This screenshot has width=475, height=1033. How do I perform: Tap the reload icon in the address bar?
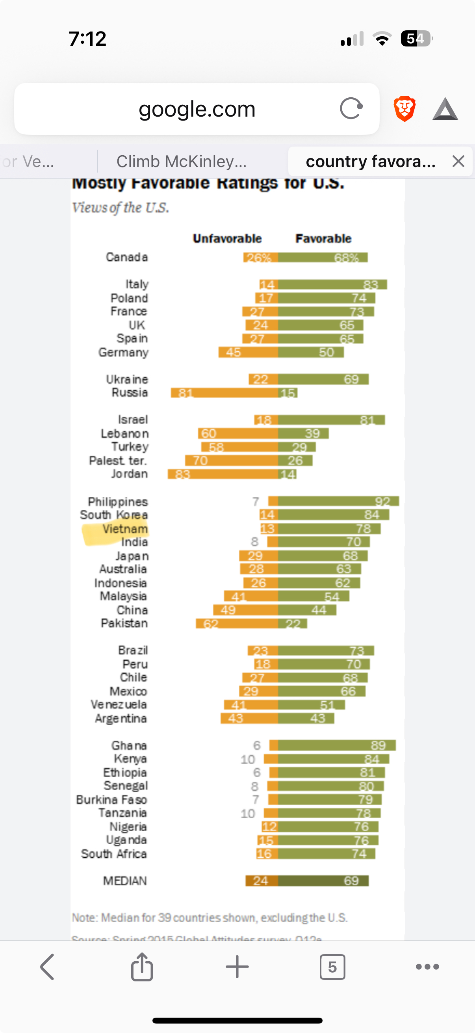tap(351, 108)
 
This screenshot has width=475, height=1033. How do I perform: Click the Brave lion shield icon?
tap(404, 108)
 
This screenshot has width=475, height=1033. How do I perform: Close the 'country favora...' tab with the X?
tap(458, 161)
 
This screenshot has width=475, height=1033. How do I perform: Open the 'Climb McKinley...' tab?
tap(181, 161)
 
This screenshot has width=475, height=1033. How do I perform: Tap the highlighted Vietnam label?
tap(125, 529)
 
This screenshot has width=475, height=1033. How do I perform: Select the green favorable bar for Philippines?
tap(338, 501)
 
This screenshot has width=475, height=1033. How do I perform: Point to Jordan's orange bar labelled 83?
tap(223, 474)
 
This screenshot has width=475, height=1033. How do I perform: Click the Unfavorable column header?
tap(227, 239)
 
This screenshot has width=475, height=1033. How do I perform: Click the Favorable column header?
tap(323, 239)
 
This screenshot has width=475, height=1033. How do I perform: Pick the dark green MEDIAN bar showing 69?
tap(323, 881)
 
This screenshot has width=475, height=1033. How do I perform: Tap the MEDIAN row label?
tap(125, 881)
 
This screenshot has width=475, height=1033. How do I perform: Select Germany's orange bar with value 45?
tap(248, 353)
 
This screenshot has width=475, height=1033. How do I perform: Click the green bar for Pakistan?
tap(293, 624)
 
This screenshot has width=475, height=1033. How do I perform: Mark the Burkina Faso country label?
tap(111, 800)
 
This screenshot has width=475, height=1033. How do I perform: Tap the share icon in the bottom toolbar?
tap(142, 967)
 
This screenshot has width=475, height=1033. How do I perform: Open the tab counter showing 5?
tap(332, 967)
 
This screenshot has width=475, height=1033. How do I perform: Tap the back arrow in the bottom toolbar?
tap(47, 967)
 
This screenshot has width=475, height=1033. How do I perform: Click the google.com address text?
tap(197, 109)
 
